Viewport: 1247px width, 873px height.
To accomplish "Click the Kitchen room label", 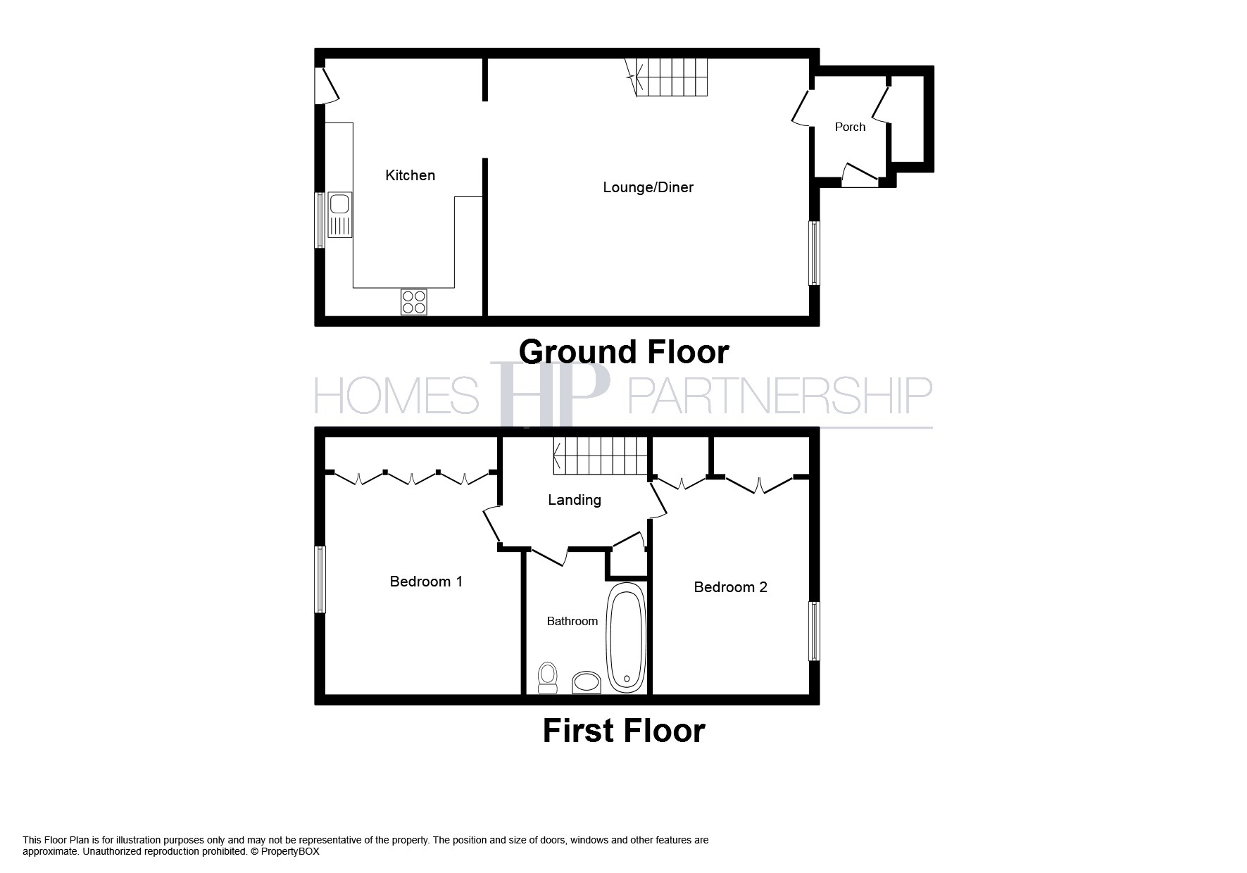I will [410, 175].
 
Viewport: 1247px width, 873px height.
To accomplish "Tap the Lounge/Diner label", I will [648, 187].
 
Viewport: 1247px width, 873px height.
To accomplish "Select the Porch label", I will [850, 127].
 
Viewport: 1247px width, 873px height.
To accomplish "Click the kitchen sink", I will [339, 214].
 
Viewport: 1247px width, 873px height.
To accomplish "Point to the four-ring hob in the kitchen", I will [414, 302].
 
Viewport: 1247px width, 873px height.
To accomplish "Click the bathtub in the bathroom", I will [626, 636].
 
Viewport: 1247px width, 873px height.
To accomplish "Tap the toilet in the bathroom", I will [547, 677].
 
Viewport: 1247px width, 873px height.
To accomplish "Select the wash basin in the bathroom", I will [586, 682].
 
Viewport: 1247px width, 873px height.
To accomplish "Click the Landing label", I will [575, 500].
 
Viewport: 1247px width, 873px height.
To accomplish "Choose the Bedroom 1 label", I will [426, 582].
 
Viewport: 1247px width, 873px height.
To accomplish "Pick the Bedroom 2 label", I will [730, 587].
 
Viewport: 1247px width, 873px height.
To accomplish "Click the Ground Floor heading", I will [623, 351].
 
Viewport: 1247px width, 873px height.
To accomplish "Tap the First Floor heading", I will [623, 731].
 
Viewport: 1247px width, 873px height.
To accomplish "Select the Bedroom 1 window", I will [320, 579].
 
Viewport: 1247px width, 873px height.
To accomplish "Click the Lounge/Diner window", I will [814, 253].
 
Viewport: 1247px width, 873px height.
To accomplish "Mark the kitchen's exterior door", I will [327, 86].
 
